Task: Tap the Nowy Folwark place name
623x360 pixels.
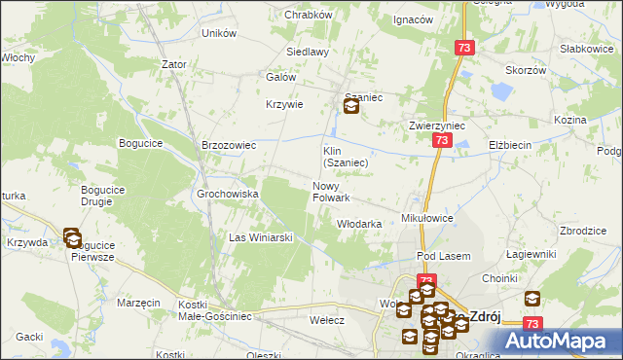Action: pos(331,192)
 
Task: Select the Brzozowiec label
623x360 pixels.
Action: pos(228,145)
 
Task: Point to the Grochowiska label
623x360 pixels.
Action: pos(228,194)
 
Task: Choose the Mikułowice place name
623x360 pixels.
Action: pos(427,218)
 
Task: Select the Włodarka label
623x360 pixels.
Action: pos(358,224)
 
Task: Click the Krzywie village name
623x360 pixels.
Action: pos(285,105)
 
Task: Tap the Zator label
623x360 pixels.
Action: pos(174,64)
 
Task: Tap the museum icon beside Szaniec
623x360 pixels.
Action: pos(351,107)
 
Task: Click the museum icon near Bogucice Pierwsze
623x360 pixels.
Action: pos(72,236)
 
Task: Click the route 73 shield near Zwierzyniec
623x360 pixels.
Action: pos(442,141)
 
